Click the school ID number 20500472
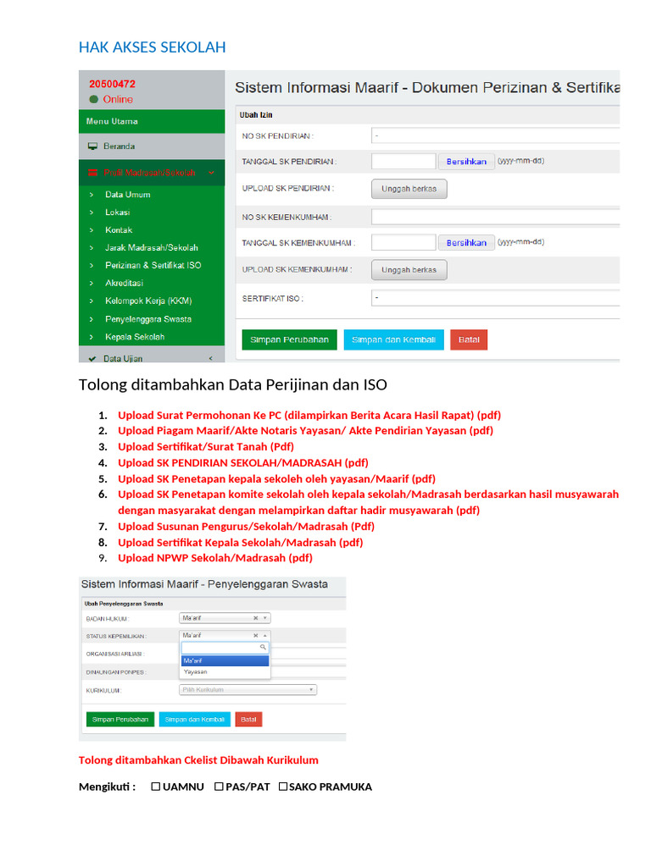tap(112, 84)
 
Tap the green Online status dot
tap(93, 99)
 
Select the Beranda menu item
tap(119, 146)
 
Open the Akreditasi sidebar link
tap(124, 283)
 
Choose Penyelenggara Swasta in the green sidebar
tap(147, 319)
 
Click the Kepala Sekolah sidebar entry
tap(135, 337)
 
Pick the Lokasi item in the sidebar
tap(117, 213)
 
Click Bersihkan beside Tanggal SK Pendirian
tap(466, 161)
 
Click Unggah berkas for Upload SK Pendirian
tap(409, 189)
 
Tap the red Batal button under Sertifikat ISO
tap(469, 340)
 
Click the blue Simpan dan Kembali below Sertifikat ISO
tap(393, 340)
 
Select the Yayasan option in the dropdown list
tap(196, 671)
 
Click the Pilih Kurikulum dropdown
tap(247, 690)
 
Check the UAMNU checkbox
tap(156, 787)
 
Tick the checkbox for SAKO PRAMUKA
tap(283, 787)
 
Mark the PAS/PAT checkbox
tap(219, 787)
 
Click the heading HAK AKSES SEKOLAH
tap(152, 47)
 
